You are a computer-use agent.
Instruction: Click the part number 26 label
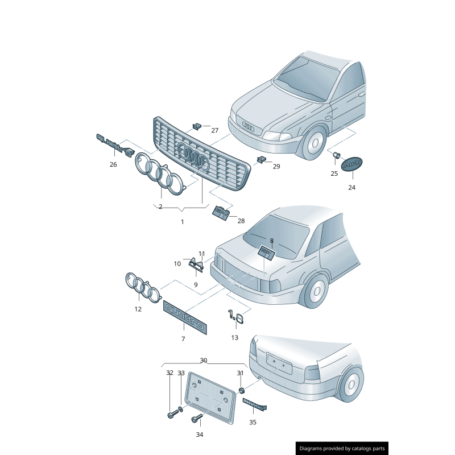[113, 165]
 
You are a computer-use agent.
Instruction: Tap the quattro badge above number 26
[114, 144]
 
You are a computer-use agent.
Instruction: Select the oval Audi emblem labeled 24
[351, 163]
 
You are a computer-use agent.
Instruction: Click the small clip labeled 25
[336, 155]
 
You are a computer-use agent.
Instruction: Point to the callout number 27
[214, 130]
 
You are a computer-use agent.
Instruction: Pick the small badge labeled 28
[221, 213]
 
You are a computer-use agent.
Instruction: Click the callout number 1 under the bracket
[183, 222]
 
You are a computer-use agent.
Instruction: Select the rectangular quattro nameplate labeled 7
[186, 316]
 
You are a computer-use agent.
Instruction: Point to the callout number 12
[138, 309]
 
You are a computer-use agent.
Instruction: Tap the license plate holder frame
[210, 398]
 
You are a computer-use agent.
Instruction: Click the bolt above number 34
[196, 420]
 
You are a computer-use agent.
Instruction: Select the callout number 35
[253, 423]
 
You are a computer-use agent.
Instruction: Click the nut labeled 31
[241, 390]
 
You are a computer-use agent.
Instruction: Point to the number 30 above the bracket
[204, 361]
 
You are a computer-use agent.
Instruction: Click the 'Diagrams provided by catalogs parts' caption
[342, 449]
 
